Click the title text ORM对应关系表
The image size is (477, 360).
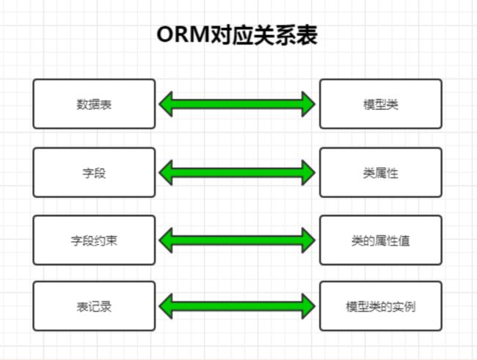tap(237, 34)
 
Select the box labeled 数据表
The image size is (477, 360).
tap(94, 104)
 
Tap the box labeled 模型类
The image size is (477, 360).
tap(381, 104)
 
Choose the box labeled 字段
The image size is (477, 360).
tap(94, 172)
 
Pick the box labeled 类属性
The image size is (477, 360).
tap(381, 172)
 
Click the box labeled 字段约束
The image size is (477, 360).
tap(94, 240)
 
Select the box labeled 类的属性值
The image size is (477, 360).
tap(381, 240)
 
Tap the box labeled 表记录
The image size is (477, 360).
tap(94, 306)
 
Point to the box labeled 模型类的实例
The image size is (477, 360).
tap(381, 306)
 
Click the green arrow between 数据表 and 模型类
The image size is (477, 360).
tap(237, 104)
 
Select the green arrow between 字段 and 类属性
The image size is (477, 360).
tap(237, 172)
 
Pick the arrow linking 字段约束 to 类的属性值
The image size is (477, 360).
tap(237, 240)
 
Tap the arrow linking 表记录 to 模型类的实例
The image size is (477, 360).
tap(237, 306)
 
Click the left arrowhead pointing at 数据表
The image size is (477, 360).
tap(166, 104)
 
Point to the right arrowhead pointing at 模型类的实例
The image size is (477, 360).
tap(308, 306)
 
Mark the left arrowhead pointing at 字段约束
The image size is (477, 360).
tap(166, 240)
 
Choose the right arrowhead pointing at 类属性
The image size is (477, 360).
tap(308, 172)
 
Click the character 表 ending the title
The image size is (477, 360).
tap(307, 35)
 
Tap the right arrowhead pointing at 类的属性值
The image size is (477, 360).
tap(308, 240)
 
